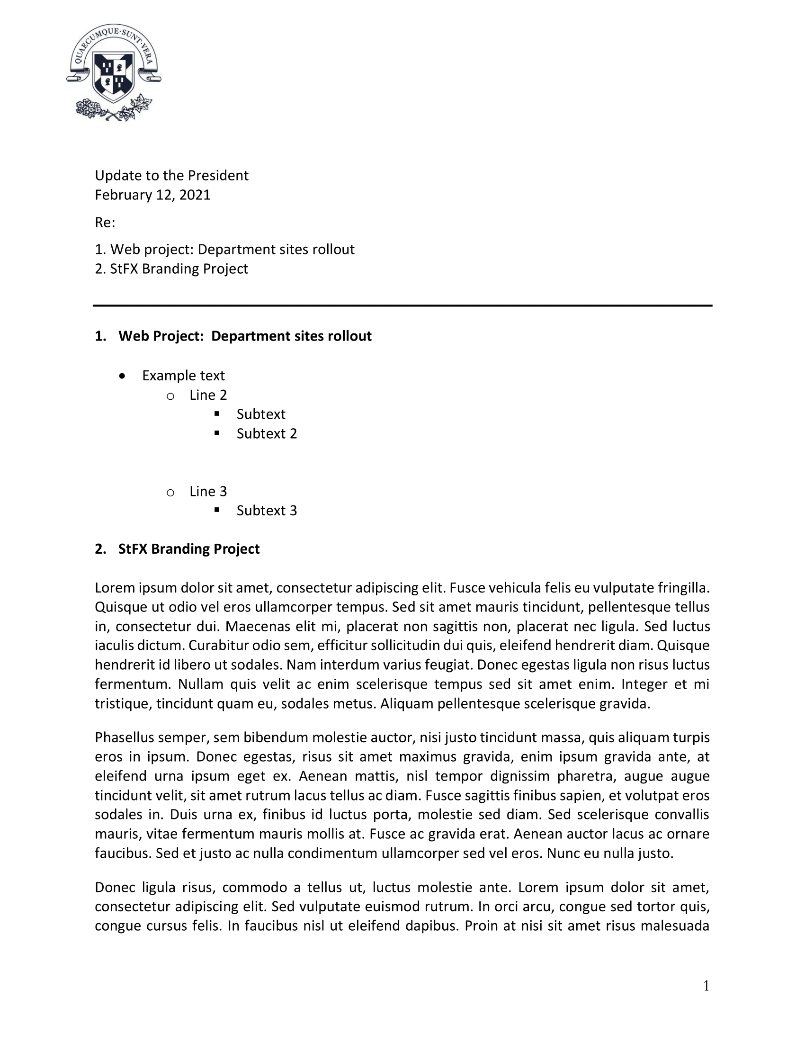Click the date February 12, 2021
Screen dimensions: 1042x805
(x=152, y=195)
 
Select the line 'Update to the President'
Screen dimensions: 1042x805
(x=172, y=176)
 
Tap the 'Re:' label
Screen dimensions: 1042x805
(x=105, y=222)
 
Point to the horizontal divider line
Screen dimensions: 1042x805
(x=402, y=305)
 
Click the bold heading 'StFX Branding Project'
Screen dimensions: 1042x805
(x=189, y=549)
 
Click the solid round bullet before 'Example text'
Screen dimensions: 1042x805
(x=123, y=376)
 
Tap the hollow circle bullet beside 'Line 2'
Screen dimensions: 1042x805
(x=170, y=396)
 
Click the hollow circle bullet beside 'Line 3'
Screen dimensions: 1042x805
(x=170, y=493)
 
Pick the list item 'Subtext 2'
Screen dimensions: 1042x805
(x=267, y=434)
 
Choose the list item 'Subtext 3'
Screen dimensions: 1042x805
(x=267, y=511)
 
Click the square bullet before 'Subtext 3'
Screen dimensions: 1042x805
(x=217, y=510)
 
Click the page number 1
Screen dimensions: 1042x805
(x=707, y=986)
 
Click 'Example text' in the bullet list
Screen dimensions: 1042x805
(x=183, y=376)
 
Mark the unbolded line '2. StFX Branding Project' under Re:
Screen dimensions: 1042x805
(x=171, y=269)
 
